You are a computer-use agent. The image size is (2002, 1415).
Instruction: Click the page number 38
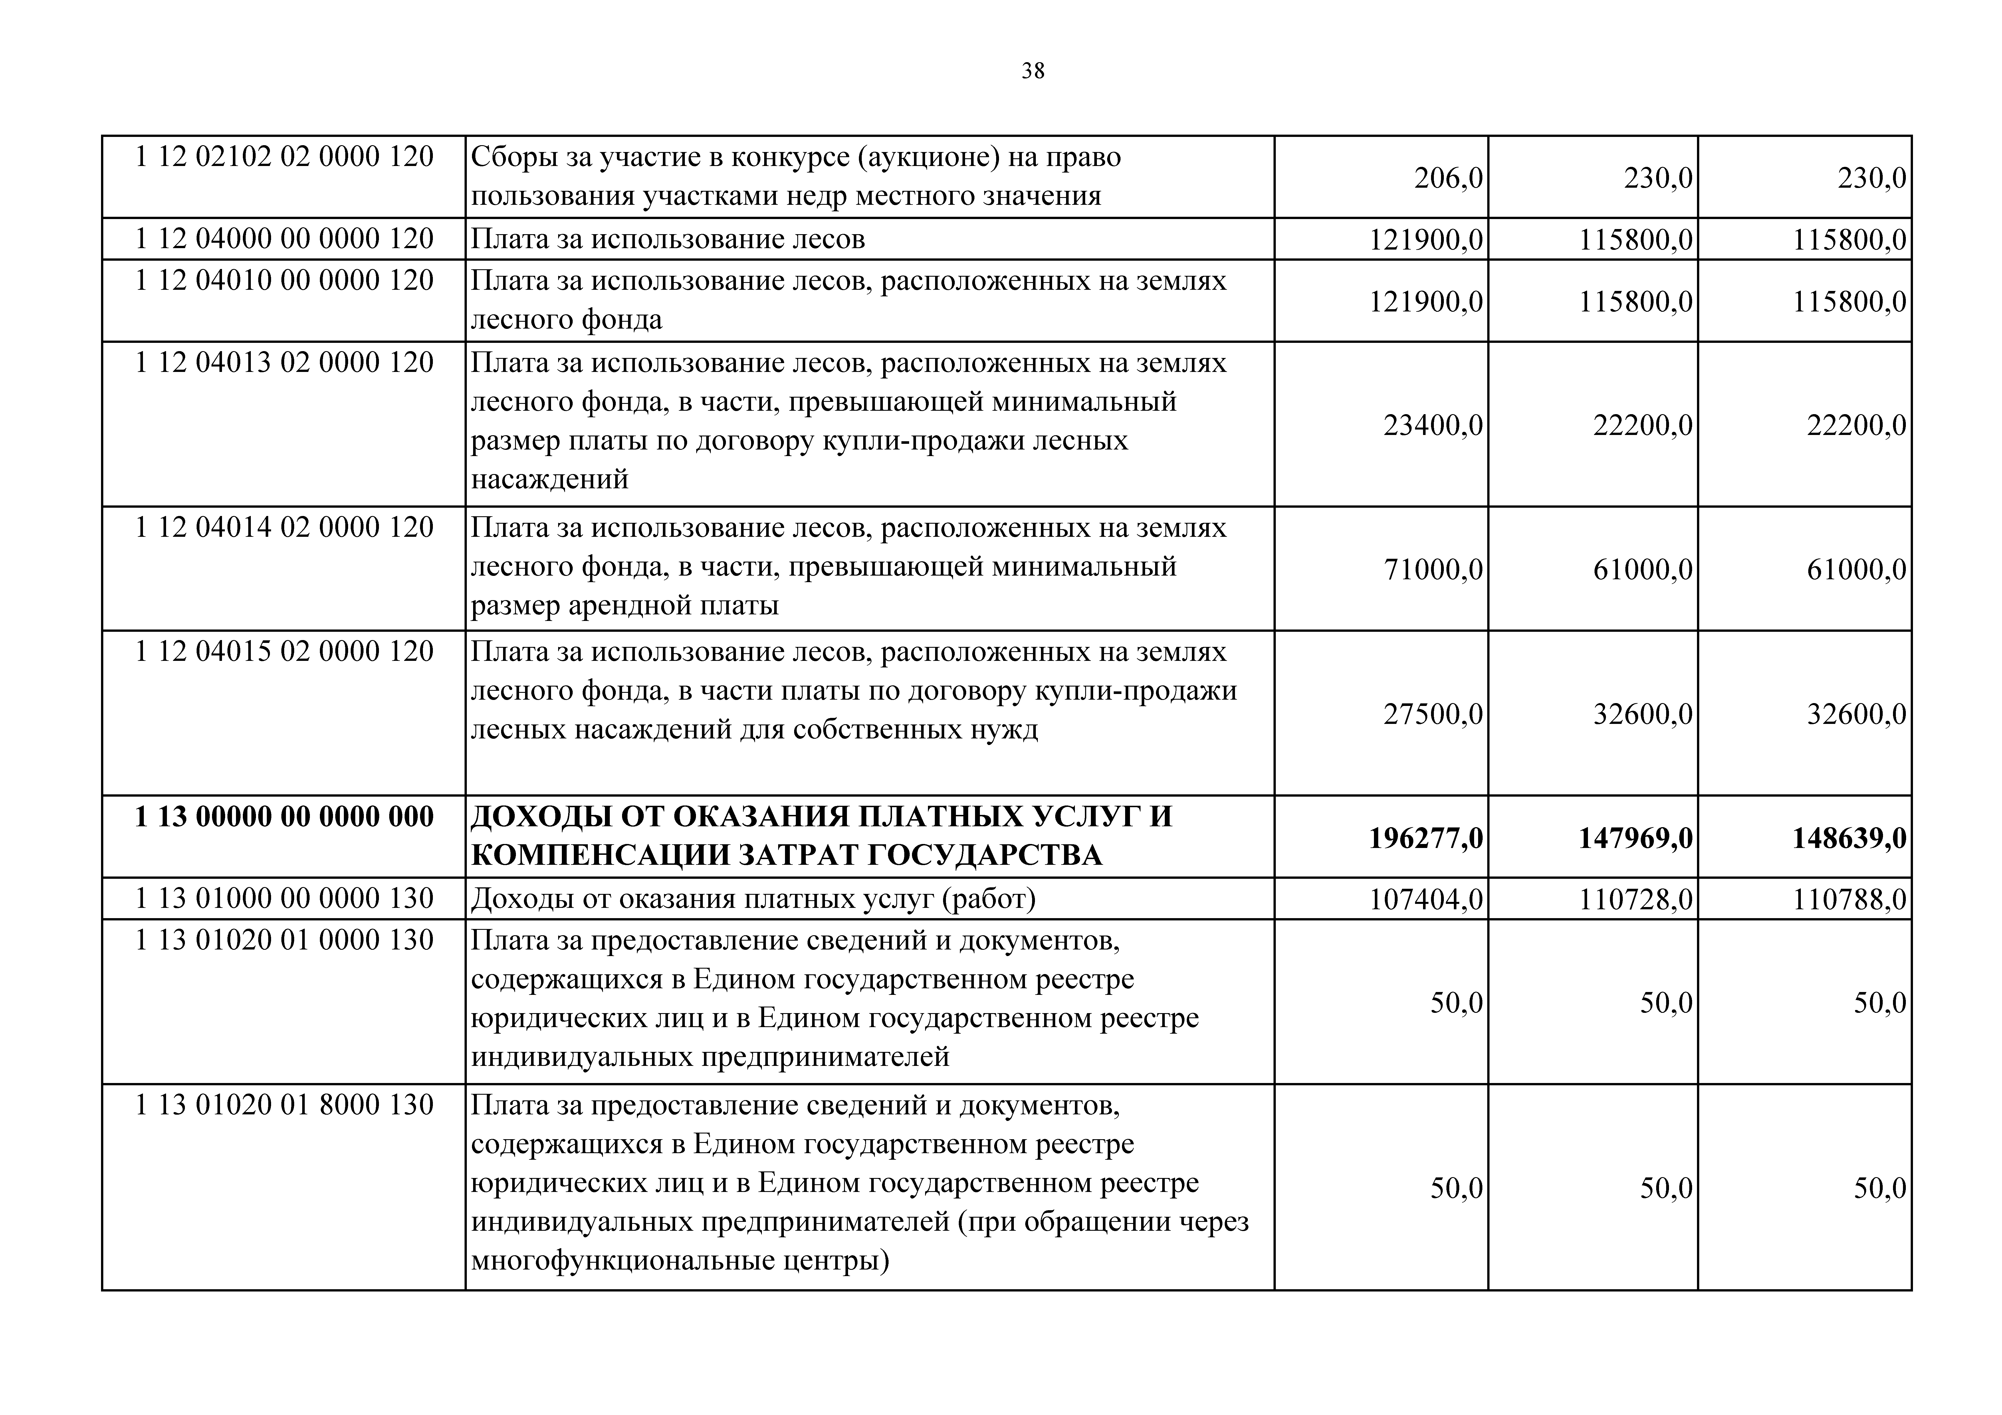tap(1032, 71)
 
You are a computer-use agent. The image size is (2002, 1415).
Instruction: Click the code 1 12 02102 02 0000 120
tap(284, 157)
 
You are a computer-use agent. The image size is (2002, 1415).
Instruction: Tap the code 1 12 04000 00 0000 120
tap(284, 239)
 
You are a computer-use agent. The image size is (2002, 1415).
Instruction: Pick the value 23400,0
tap(1433, 426)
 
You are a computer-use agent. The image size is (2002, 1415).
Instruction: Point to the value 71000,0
tap(1433, 570)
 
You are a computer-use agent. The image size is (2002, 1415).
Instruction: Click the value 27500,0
tap(1433, 715)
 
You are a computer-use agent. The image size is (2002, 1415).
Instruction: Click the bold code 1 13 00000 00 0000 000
tap(284, 817)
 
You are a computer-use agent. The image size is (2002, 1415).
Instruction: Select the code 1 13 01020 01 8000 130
tap(284, 1106)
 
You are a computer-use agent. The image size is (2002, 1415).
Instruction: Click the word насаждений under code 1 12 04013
tap(549, 479)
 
